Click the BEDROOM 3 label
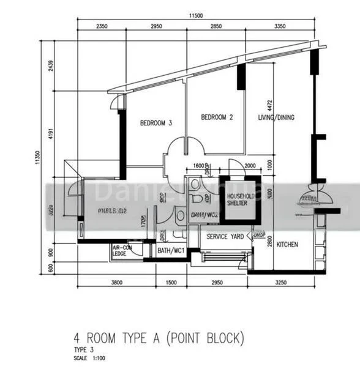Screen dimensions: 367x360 (x=156, y=123)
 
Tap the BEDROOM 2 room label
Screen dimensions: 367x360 (x=217, y=117)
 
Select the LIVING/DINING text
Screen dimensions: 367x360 (x=277, y=117)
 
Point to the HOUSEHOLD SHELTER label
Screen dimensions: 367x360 (x=236, y=199)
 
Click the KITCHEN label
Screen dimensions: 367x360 (x=287, y=245)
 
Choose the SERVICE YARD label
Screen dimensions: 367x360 (x=225, y=237)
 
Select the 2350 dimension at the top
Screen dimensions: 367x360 (x=102, y=26)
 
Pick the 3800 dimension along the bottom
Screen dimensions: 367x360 (x=118, y=283)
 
